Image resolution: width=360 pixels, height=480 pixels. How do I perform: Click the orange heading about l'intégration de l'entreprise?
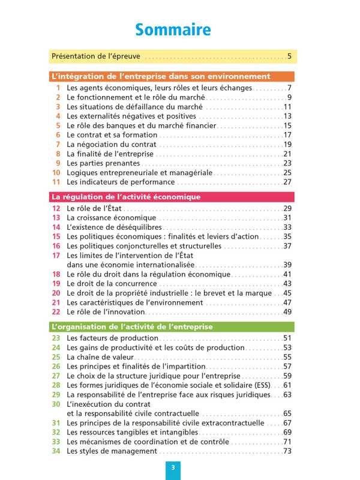[x=161, y=77]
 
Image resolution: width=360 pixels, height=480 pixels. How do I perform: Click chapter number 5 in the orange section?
[x=58, y=126]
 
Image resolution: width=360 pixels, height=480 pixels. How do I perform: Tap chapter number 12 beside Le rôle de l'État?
[x=56, y=208]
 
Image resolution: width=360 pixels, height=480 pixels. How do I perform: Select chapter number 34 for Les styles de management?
[x=56, y=451]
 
